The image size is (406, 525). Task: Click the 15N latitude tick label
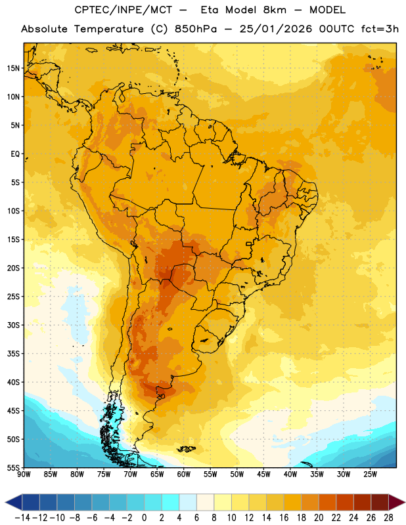[13, 68]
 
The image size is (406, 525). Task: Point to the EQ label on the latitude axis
[15, 154]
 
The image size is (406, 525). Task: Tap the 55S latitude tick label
[13, 468]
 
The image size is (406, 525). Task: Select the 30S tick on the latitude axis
[13, 325]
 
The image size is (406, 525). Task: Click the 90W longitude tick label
[24, 474]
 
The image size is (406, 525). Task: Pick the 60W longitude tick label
[184, 474]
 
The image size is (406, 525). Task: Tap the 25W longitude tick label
[370, 474]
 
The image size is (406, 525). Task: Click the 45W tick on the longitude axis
[263, 474]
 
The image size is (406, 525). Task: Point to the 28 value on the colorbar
[388, 518]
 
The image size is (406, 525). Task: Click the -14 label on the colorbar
[22, 518]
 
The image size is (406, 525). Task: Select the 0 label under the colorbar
[144, 518]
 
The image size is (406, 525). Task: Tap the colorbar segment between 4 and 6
[188, 502]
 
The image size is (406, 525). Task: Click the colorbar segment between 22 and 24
[345, 502]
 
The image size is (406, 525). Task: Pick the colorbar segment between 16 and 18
[292, 502]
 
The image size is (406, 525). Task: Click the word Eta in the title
[210, 10]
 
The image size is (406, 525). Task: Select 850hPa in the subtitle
[196, 29]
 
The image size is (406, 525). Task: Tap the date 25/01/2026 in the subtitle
[275, 29]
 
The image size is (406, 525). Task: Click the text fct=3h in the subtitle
[380, 29]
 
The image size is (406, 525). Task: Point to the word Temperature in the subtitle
[109, 29]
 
